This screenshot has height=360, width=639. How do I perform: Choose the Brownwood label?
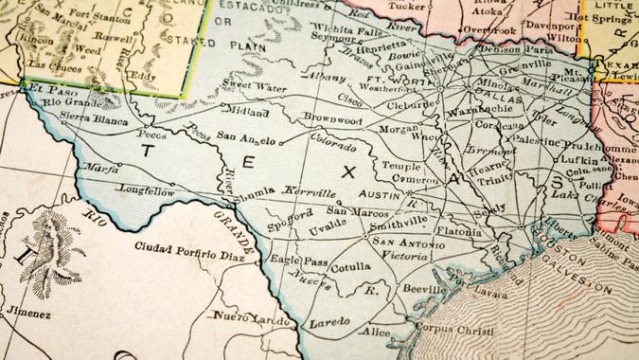tap(332, 119)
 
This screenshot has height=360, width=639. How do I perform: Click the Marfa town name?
tap(99, 169)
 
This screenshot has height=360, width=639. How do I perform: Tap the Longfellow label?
tap(147, 189)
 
